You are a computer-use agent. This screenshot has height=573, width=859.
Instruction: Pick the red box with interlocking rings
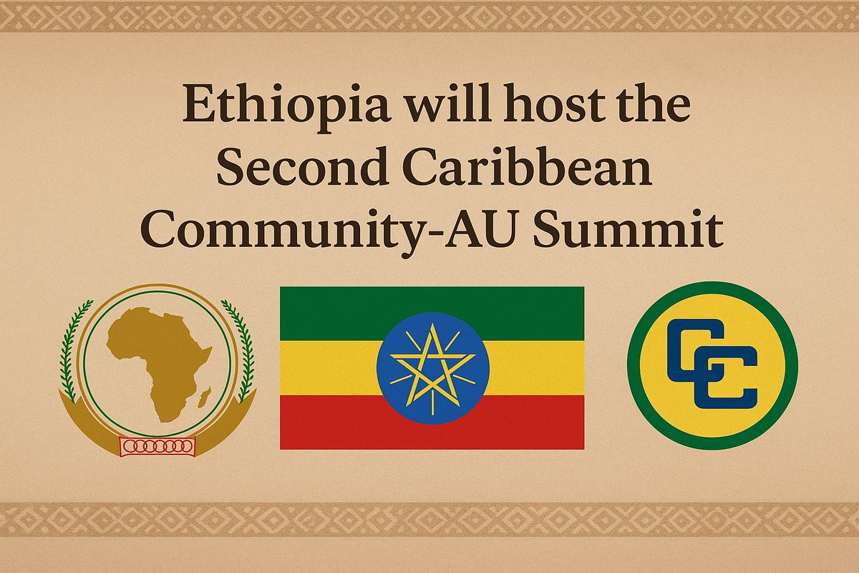pyautogui.click(x=157, y=446)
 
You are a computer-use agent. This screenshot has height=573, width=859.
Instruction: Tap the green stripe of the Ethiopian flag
pyautogui.click(x=432, y=314)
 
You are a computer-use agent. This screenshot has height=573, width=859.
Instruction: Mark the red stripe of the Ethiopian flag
pyautogui.click(x=432, y=422)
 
